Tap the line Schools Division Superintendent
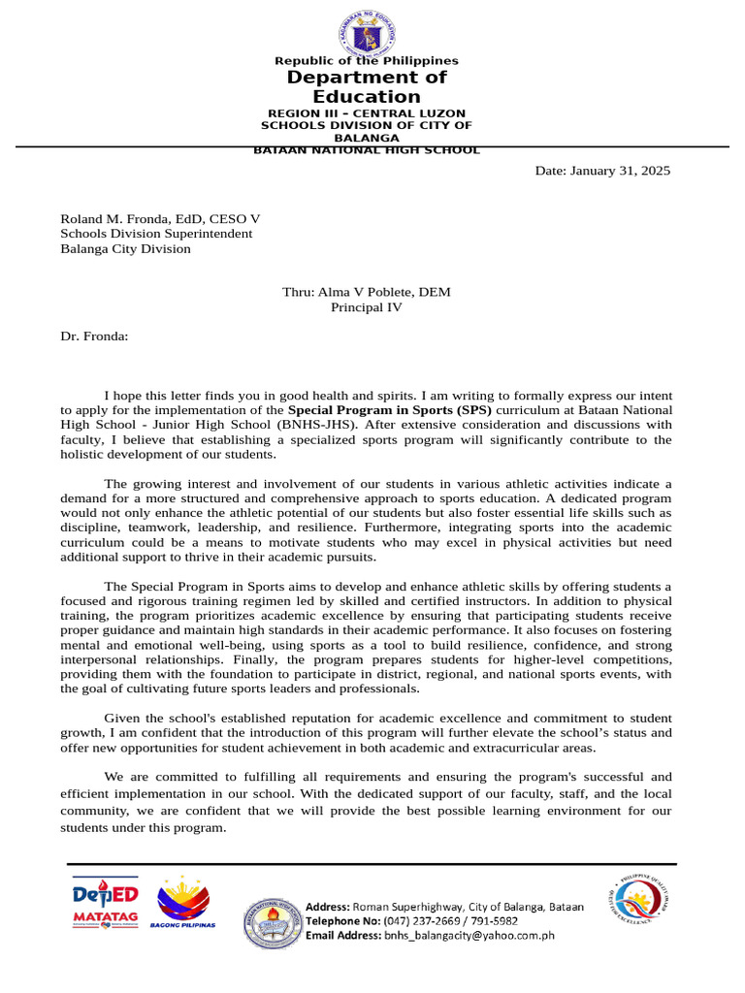[156, 234]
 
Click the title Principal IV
[367, 307]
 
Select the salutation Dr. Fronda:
[94, 336]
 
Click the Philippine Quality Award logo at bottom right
[637, 901]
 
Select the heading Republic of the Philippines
[367, 61]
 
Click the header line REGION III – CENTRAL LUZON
[367, 113]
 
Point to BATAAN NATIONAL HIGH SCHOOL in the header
[367, 150]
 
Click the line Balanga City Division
[125, 249]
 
